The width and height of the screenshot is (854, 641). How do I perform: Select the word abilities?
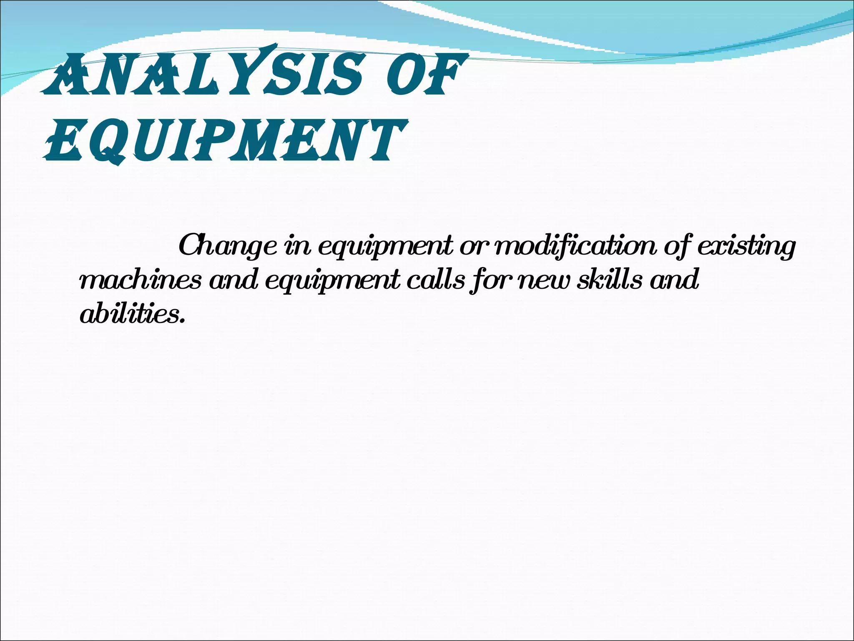pyautogui.click(x=129, y=314)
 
